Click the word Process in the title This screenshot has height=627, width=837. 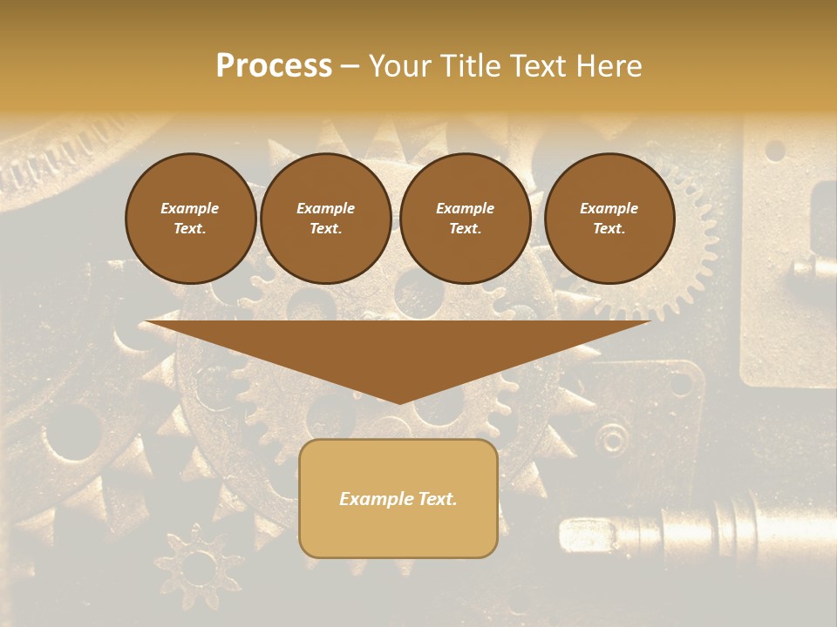coord(274,66)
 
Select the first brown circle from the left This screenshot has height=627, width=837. coord(190,219)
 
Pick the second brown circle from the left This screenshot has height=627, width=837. coord(325,219)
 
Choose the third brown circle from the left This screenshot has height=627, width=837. coord(465,219)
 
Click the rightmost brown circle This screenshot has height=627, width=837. coord(609,219)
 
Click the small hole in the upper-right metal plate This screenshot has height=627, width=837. coord(773,151)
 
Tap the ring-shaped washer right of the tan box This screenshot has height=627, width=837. coord(614,437)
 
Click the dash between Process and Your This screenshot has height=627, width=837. coord(350,66)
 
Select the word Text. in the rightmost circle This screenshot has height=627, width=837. coord(609,229)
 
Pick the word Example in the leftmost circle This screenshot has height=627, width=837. coord(190,208)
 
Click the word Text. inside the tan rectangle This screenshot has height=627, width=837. coord(436,499)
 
